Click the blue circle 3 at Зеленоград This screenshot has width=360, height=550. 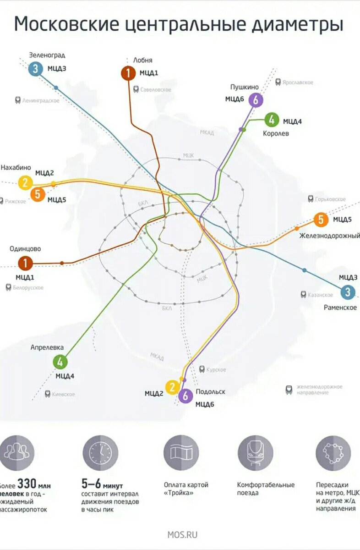(x=35, y=69)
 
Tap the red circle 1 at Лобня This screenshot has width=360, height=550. (x=128, y=73)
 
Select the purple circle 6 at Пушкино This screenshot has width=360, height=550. (x=256, y=99)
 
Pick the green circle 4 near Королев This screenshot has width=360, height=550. (x=272, y=120)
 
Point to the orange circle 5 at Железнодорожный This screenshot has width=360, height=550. (x=321, y=220)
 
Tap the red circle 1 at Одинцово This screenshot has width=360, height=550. (x=25, y=263)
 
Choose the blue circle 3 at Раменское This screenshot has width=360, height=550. (x=348, y=291)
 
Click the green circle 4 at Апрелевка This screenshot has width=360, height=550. (x=60, y=362)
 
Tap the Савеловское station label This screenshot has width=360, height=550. (x=156, y=90)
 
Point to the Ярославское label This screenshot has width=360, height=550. (x=297, y=82)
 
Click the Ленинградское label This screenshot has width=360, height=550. (x=40, y=100)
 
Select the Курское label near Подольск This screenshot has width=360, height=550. (x=216, y=369)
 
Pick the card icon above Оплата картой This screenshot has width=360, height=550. (x=181, y=453)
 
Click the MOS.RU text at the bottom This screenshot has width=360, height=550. (x=182, y=534)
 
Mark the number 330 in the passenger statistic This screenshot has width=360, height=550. (x=27, y=484)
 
